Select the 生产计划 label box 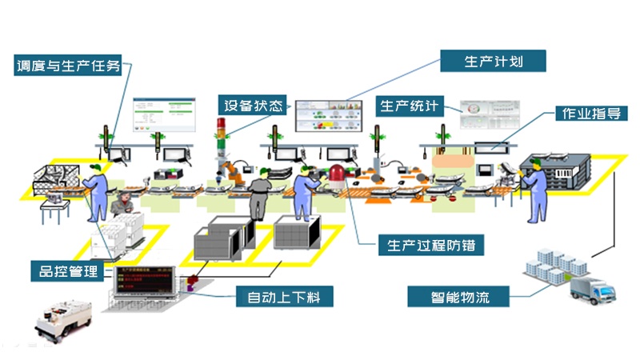point(494,60)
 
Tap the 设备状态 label point(253,106)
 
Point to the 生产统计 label point(409,106)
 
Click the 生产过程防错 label point(430,245)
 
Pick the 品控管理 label point(68,270)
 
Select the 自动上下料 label point(285,298)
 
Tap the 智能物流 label point(459,298)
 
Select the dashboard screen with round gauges point(483,114)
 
